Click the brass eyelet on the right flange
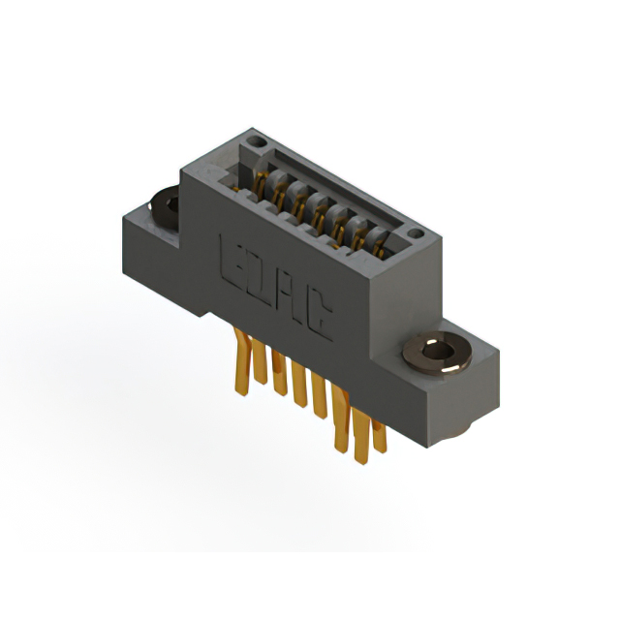[437, 353]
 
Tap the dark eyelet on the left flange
[165, 207]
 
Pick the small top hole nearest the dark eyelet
[257, 141]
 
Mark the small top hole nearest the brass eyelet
[416, 233]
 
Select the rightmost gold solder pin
[379, 436]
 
